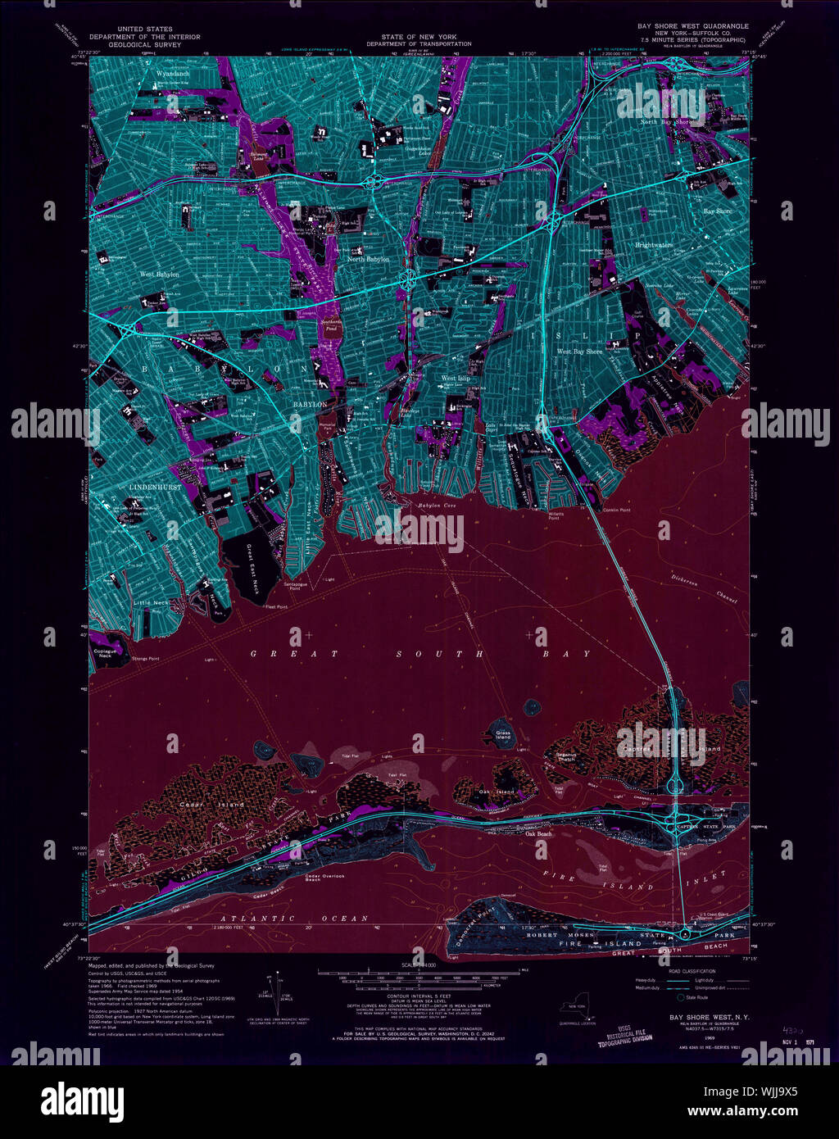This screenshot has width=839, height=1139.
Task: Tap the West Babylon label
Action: (159, 275)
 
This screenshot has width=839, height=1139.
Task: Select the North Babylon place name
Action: (368, 259)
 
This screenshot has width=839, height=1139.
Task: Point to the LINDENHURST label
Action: (155, 487)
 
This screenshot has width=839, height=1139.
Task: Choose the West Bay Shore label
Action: (579, 352)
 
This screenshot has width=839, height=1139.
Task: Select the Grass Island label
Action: (502, 734)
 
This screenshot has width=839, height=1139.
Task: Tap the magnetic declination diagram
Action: (274, 992)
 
